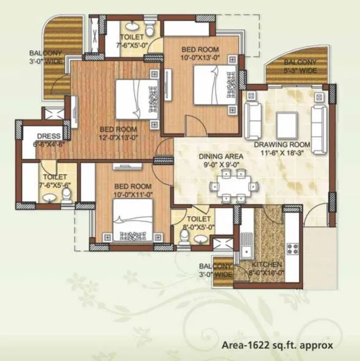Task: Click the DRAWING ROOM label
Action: [283, 145]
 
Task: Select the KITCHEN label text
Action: [267, 265]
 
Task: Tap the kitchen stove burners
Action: [292, 249]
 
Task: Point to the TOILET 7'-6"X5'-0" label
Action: [132, 40]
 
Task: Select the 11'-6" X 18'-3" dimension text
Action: [283, 153]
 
